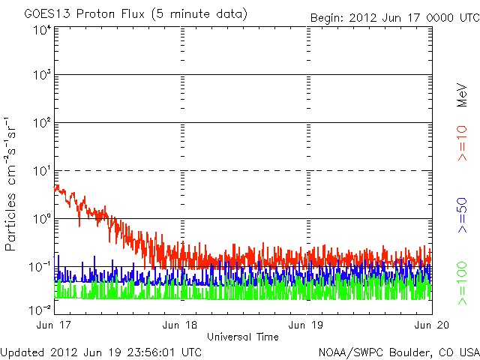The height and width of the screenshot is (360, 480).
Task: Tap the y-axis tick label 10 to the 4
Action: pyautogui.click(x=40, y=29)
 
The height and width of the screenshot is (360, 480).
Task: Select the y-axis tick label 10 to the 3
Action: pyautogui.click(x=40, y=76)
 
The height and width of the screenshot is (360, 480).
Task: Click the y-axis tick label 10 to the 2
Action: pyautogui.click(x=40, y=124)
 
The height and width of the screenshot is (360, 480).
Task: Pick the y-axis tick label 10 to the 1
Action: pyautogui.click(x=40, y=172)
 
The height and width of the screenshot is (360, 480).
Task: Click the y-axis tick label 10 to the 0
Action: pyautogui.click(x=40, y=220)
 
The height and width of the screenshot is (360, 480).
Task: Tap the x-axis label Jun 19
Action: pyautogui.click(x=306, y=325)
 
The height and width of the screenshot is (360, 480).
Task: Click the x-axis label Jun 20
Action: pyautogui.click(x=432, y=325)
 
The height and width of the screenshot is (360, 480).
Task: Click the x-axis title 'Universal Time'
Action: pyautogui.click(x=243, y=337)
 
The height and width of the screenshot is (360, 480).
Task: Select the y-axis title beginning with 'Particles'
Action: pyautogui.click(x=13, y=184)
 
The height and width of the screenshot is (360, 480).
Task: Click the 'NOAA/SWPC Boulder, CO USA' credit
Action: pyautogui.click(x=398, y=352)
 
